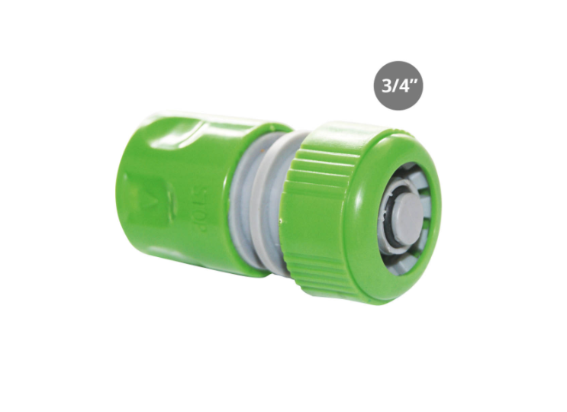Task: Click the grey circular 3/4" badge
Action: click(398, 85)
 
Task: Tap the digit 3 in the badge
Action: click(387, 86)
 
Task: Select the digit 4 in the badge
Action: click(403, 86)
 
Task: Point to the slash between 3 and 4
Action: click(395, 86)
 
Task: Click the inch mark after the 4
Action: click(414, 82)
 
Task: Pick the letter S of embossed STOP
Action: click(206, 192)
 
